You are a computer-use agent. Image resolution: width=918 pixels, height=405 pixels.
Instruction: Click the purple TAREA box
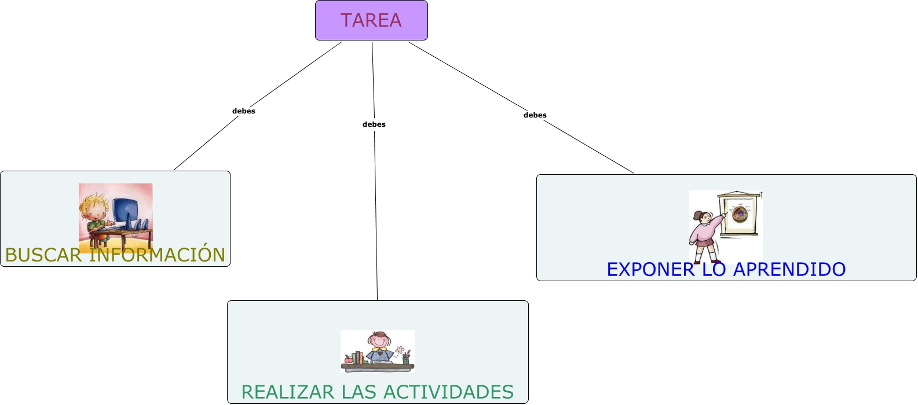[x=371, y=20]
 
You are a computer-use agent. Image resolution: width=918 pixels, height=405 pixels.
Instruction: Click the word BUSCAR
[x=43, y=255]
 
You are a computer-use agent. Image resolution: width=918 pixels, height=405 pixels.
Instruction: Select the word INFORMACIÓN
[x=157, y=255]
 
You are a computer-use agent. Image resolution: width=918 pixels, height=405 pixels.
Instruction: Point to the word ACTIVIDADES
[x=448, y=392]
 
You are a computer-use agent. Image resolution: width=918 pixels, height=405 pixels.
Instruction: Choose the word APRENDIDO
[x=789, y=270]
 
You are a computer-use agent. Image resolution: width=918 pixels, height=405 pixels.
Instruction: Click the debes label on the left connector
[x=244, y=111]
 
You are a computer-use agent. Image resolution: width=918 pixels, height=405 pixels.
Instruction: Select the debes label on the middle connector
[x=374, y=124]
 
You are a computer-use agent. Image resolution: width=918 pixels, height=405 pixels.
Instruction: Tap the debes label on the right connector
[x=535, y=115]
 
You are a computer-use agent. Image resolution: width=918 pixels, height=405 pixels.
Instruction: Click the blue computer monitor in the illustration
[x=125, y=212]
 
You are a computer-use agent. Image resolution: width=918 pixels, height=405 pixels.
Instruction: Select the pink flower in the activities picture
[x=400, y=350]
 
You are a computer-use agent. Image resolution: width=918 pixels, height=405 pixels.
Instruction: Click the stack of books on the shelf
[x=357, y=358]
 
